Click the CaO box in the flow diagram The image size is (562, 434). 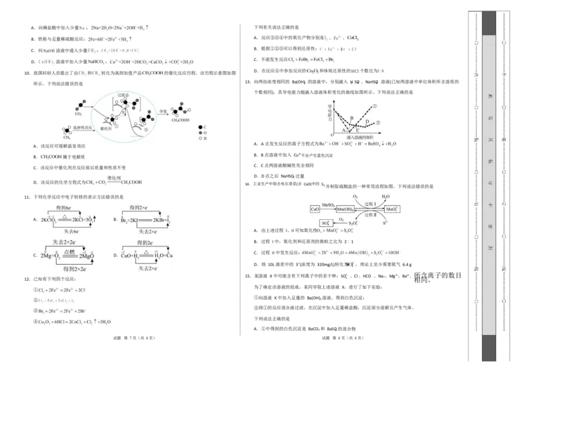[x=315, y=209]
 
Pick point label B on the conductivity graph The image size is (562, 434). [x=351, y=118]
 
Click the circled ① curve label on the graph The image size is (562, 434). [x=375, y=106]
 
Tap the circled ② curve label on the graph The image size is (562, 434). [x=378, y=122]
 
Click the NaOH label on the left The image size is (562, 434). [x=49, y=51]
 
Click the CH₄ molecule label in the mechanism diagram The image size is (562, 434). [x=67, y=138]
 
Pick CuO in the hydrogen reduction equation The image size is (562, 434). [x=128, y=256]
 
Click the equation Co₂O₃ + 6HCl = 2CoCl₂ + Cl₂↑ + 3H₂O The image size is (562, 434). [x=74, y=321]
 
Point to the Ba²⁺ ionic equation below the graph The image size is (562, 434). [x=358, y=144]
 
